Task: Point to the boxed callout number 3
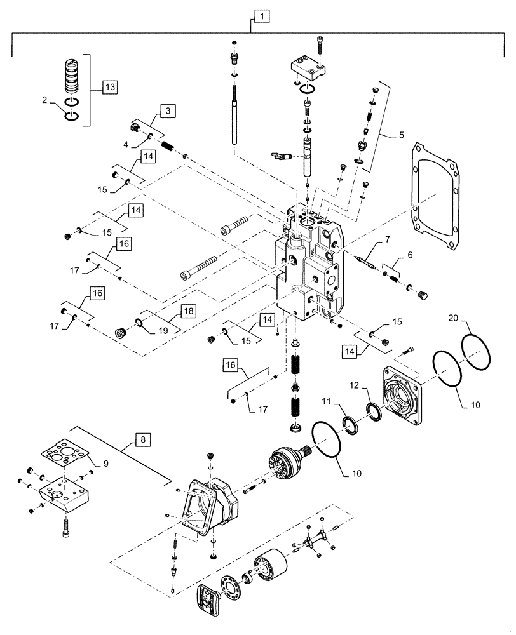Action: (x=167, y=111)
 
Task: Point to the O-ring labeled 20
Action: (x=477, y=347)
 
